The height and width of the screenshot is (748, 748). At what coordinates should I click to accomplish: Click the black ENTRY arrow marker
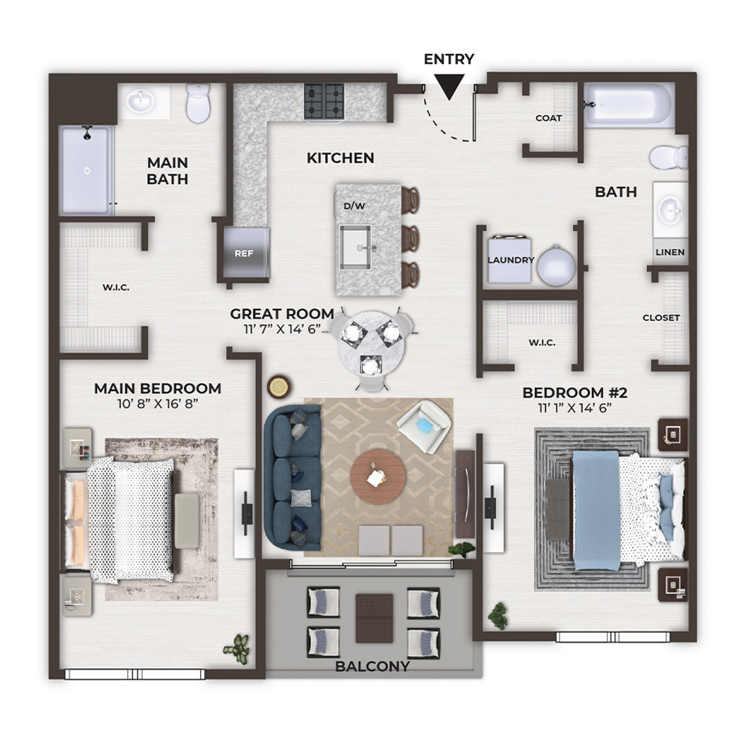[x=450, y=87]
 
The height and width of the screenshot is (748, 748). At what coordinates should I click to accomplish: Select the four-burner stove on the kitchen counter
[x=324, y=101]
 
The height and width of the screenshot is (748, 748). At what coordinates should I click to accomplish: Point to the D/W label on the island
[x=355, y=206]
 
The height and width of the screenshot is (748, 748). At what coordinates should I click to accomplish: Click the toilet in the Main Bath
[x=198, y=103]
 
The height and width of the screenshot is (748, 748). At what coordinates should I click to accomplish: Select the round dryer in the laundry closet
[x=557, y=266]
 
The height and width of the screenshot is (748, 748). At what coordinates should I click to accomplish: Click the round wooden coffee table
[x=378, y=476]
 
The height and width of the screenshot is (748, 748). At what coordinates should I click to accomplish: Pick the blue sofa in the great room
[x=292, y=478]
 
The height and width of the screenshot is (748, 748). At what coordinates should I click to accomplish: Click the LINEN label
[x=670, y=252]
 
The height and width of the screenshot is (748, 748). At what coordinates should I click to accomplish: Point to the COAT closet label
[x=548, y=118]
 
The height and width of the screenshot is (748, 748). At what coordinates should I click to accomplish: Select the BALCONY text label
[x=373, y=666]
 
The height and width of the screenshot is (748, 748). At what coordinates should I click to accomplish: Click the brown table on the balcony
[x=375, y=619]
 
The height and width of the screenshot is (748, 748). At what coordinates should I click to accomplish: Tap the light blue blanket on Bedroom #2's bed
[x=596, y=510]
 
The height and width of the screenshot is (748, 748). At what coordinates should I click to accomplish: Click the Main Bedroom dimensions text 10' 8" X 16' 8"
[x=158, y=404]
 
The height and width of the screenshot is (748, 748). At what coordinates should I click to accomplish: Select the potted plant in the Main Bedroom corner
[x=238, y=647]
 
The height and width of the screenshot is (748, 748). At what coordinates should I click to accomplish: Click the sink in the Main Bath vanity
[x=141, y=101]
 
